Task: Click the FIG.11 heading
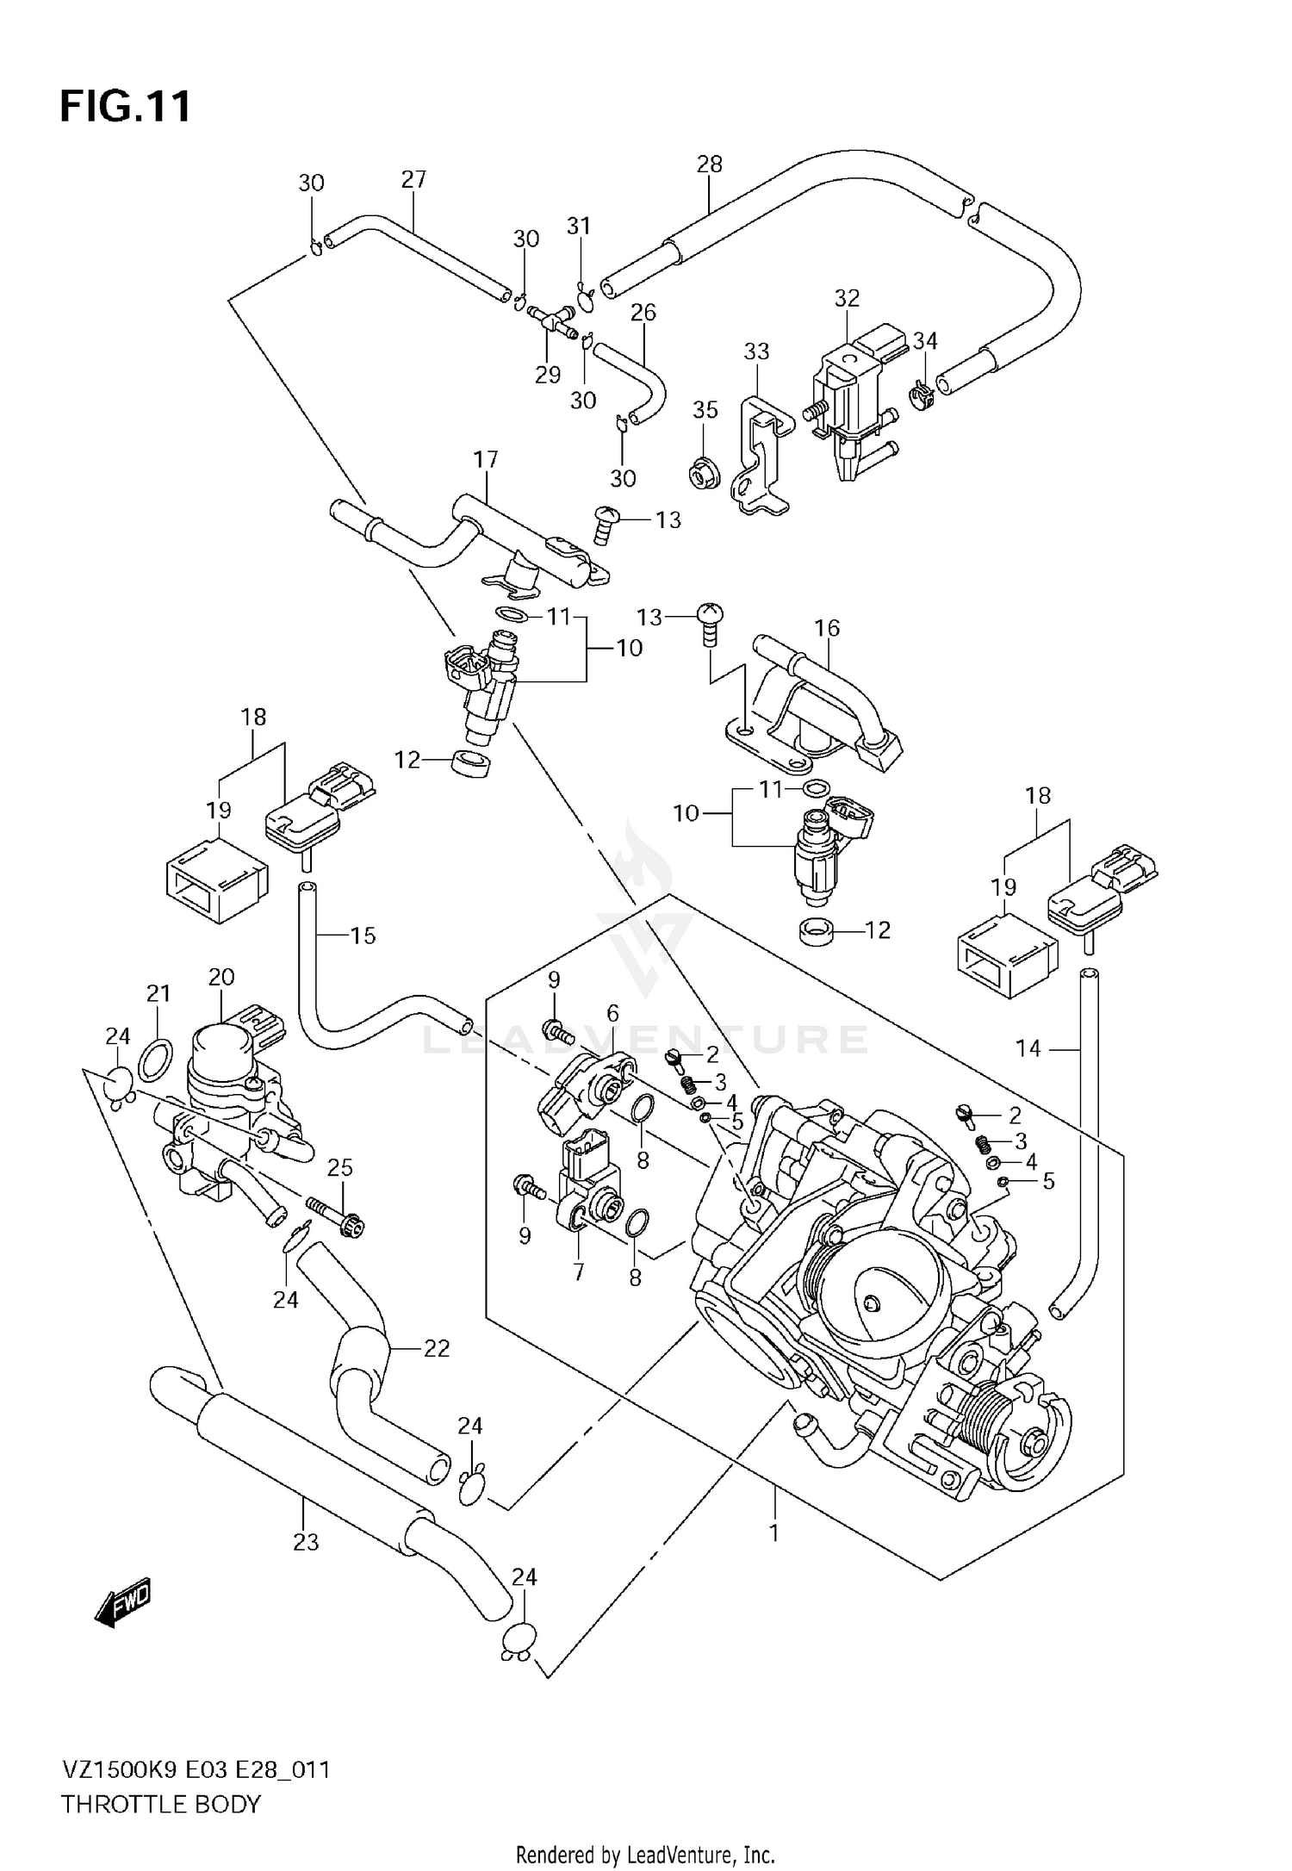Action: [126, 107]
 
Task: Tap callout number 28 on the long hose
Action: [709, 164]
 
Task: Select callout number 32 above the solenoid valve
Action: [847, 298]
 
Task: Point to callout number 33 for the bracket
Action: [756, 351]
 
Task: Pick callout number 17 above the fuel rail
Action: [486, 459]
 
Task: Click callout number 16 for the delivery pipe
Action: [827, 628]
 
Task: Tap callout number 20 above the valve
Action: [221, 977]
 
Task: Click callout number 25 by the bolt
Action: [340, 1168]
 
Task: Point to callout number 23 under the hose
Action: [306, 1542]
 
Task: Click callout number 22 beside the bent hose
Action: [437, 1348]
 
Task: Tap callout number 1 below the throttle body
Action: [773, 1532]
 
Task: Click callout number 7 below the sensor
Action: [578, 1271]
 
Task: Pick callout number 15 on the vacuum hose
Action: [363, 935]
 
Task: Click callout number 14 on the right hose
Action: [1028, 1048]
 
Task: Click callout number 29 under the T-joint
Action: [548, 375]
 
